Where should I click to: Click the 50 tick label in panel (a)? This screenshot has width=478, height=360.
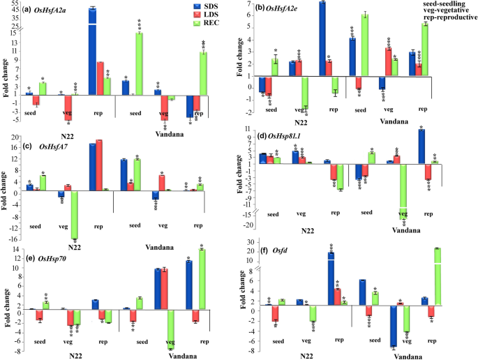pos(15,8)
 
